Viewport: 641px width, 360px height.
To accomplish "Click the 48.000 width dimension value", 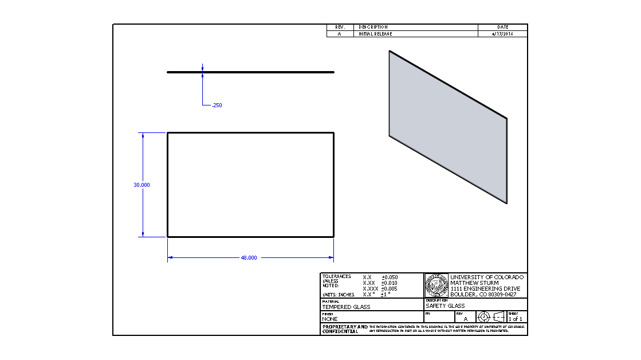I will (x=249, y=258).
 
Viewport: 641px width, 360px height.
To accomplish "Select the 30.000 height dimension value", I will (x=141, y=185).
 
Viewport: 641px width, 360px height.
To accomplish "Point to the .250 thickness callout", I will (x=217, y=105).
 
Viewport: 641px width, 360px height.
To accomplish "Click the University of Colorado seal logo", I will (x=436, y=285).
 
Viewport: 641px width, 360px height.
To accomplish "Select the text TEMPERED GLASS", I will (x=346, y=307).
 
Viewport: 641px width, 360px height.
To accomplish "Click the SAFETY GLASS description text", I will (x=445, y=306).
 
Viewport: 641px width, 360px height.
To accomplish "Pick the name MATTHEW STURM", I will (x=474, y=283).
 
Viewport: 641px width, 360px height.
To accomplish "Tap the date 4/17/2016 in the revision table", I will (x=502, y=34).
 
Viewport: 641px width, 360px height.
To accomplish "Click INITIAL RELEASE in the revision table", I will (x=375, y=34).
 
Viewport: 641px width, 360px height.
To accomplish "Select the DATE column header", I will (x=502, y=27).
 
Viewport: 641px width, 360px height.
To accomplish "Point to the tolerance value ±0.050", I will (x=390, y=277).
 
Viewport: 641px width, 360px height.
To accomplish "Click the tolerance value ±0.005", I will (x=390, y=289).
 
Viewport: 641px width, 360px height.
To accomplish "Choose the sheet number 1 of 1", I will (x=516, y=319).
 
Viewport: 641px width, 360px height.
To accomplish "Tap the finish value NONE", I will (x=330, y=319).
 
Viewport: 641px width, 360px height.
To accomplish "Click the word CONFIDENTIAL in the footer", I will (x=340, y=331).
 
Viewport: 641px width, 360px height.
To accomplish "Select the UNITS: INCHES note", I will (x=339, y=295).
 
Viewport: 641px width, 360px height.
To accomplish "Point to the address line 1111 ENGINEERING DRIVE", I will (x=485, y=289).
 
